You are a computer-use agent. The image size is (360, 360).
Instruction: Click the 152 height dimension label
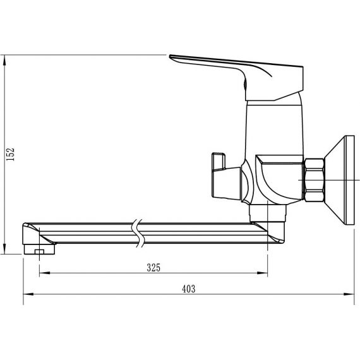(x=10, y=154)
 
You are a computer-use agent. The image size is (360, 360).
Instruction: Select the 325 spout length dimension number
(x=153, y=268)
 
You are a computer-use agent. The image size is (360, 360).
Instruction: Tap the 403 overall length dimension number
(x=188, y=289)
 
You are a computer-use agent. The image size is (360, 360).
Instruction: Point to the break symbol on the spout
(x=138, y=233)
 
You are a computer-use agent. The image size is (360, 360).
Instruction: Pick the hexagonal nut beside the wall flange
(x=315, y=180)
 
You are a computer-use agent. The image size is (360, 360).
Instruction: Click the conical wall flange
(x=339, y=180)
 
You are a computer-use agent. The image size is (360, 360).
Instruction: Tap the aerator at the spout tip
(x=40, y=249)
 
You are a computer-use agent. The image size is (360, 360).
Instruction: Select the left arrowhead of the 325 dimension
(x=45, y=273)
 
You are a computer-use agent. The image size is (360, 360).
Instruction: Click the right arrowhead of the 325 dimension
(x=263, y=273)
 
